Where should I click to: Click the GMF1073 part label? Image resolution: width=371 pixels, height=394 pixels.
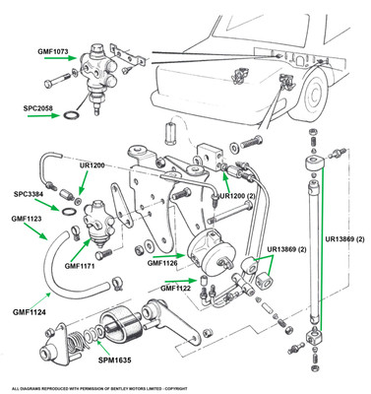coord(53,51)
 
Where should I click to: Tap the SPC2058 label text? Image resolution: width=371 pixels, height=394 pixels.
coord(37,107)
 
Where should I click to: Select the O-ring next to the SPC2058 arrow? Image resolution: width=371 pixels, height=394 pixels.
coord(71,115)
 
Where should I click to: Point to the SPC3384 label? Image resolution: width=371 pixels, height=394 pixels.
coord(29,194)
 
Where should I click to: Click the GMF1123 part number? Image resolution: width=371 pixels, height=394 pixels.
coord(27,219)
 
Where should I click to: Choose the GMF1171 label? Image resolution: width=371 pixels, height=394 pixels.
coord(80,266)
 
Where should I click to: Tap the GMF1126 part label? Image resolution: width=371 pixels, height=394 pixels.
coord(162,263)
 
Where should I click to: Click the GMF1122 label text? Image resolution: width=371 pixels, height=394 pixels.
coord(175,289)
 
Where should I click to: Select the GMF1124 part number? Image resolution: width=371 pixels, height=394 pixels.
coord(30,312)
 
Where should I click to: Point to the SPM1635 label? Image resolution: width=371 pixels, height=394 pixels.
coord(115,361)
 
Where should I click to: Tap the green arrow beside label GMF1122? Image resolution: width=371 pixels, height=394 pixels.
coord(180,281)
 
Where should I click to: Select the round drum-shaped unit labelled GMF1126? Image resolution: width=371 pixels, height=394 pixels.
coord(211,253)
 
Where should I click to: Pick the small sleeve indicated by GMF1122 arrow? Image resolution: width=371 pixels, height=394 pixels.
coord(203,281)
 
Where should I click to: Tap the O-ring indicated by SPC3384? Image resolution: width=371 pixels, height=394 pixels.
coord(68,212)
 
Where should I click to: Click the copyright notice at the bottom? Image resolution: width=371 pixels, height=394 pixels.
coord(99,388)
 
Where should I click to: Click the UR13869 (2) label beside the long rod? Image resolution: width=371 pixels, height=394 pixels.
coord(345,239)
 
